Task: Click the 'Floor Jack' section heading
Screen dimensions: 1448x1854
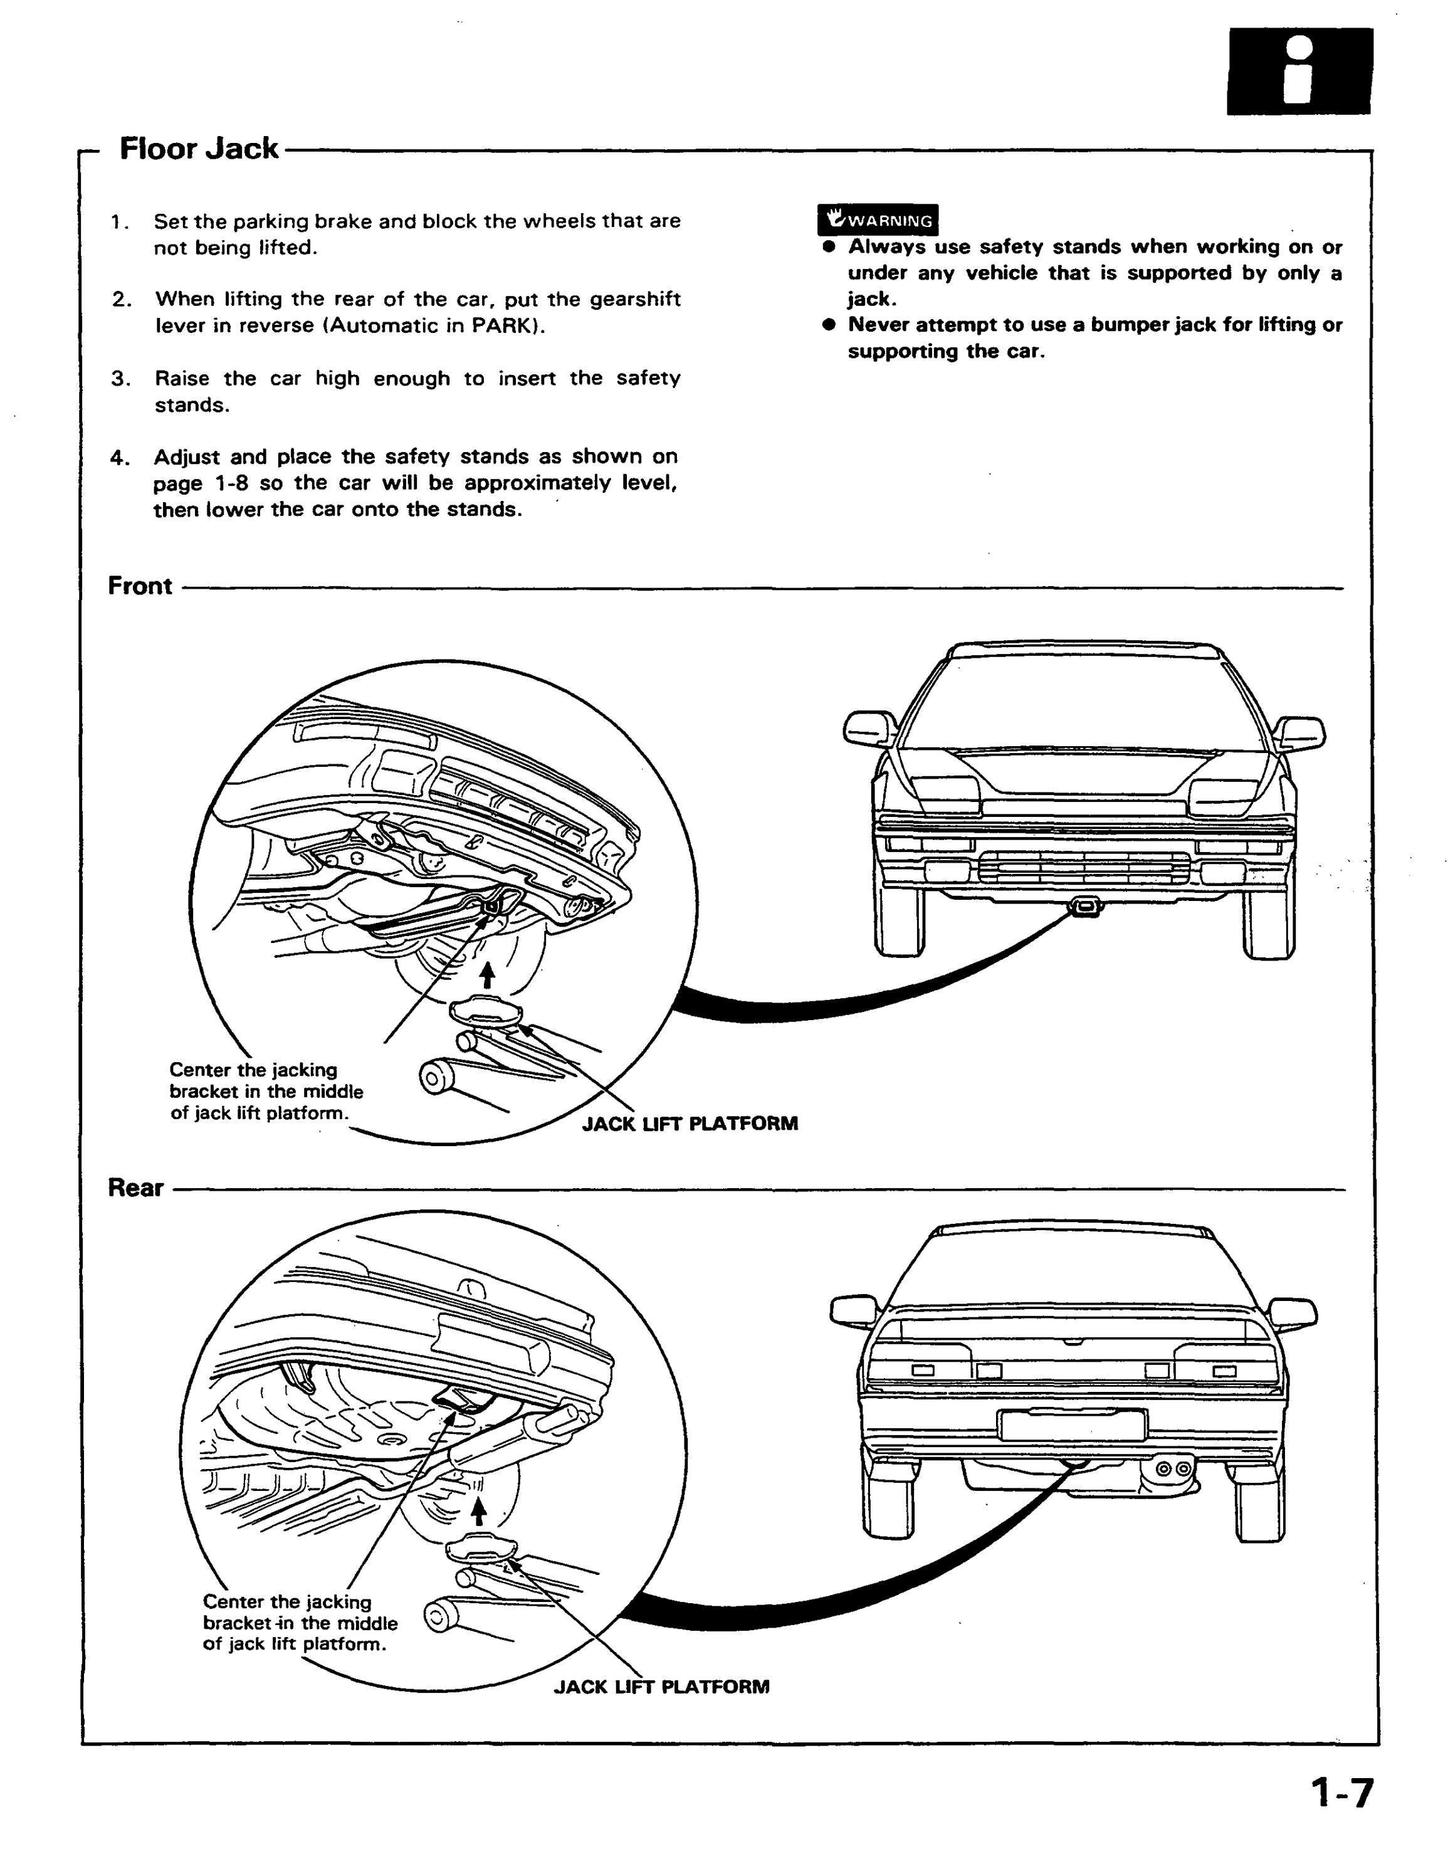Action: click(x=199, y=149)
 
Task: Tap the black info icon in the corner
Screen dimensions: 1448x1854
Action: click(x=1299, y=71)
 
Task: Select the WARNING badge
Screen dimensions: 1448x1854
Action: click(x=878, y=220)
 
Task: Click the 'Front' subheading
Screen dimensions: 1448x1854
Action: click(x=140, y=586)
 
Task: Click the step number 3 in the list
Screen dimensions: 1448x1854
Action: click(x=120, y=379)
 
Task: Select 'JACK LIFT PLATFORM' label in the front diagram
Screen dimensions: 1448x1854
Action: click(x=690, y=1124)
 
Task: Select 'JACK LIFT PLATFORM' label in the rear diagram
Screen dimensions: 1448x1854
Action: click(x=662, y=1687)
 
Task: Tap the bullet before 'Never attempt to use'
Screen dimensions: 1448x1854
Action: click(x=829, y=324)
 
